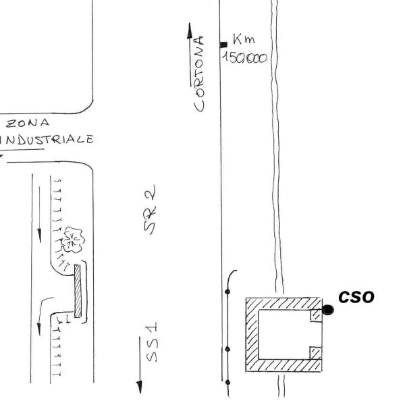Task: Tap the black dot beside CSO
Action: (x=328, y=309)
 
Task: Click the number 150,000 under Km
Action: (x=245, y=58)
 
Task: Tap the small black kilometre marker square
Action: (x=223, y=45)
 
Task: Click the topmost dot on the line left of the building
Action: (x=227, y=292)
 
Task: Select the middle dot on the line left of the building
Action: (x=227, y=349)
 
